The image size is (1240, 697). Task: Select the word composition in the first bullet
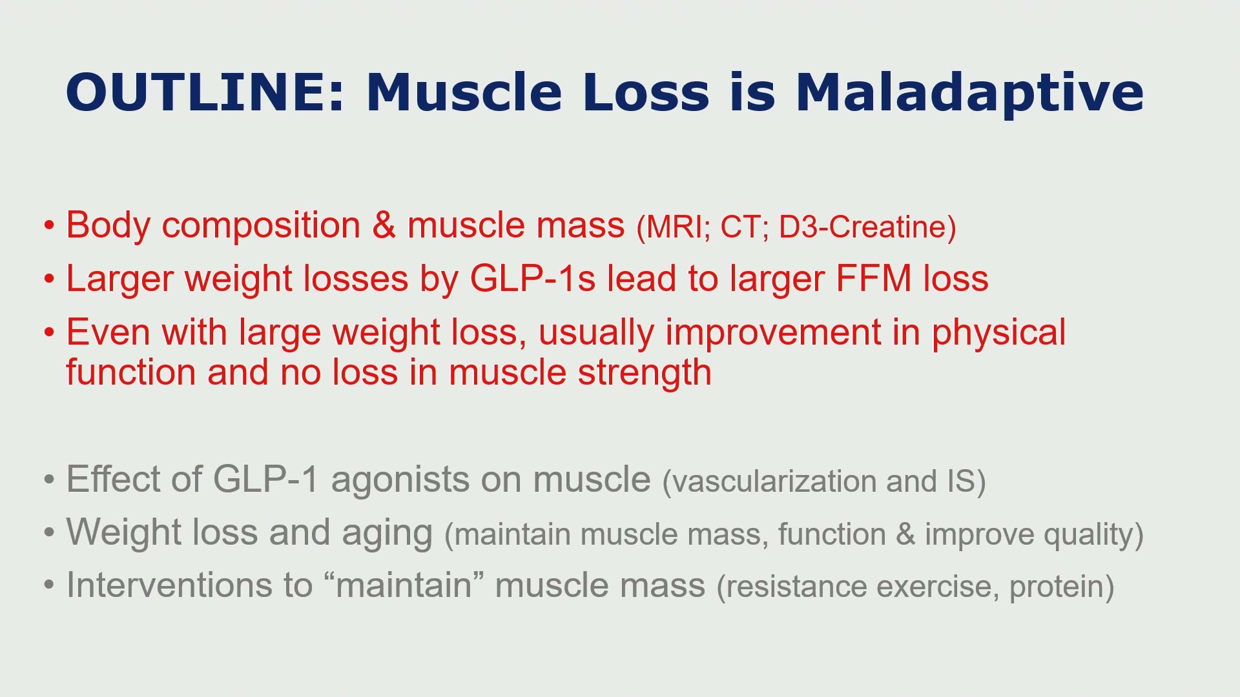click(261, 227)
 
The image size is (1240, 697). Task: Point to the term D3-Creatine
click(867, 227)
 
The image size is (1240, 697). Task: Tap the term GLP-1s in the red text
click(532, 279)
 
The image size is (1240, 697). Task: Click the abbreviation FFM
click(874, 279)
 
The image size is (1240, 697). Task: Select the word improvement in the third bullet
click(773, 334)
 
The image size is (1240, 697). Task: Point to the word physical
click(998, 334)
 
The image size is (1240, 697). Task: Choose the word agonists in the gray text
click(427, 481)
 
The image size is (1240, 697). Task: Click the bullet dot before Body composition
click(50, 227)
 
